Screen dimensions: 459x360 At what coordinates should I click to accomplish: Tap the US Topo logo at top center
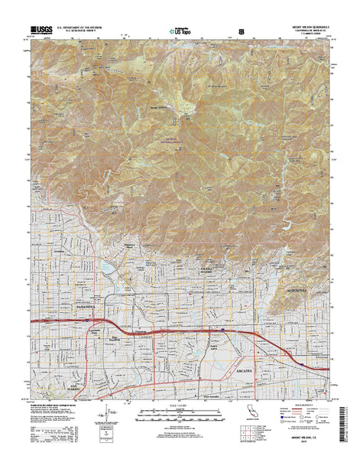point(179,32)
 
